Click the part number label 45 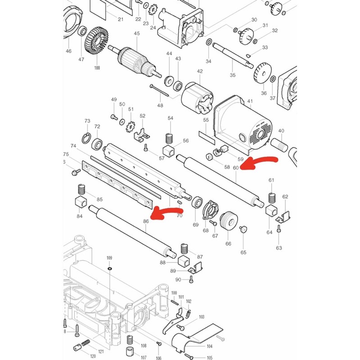pos(137,33)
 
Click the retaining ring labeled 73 pos(87,138)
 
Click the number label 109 pos(109,258)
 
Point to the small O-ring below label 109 pos(110,269)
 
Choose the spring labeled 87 pos(185,249)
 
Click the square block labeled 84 pos(81,202)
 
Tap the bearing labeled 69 pos(197,202)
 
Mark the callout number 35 pos(233,75)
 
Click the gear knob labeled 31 pos(246,36)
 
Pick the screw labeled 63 pos(279,229)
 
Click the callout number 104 pos(209,346)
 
